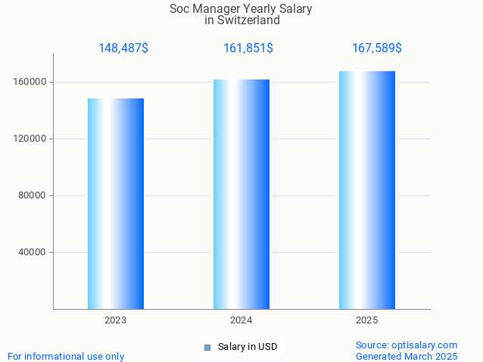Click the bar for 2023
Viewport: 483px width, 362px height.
(116, 204)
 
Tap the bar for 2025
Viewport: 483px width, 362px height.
(367, 190)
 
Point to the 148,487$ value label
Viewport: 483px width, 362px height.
(123, 48)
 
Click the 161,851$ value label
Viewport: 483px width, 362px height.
(248, 48)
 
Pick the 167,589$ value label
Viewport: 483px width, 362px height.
(377, 48)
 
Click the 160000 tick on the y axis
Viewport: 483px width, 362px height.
(31, 82)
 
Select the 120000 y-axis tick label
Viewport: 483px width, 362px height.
(31, 139)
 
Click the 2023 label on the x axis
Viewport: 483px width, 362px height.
(116, 320)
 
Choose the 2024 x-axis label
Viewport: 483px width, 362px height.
(241, 320)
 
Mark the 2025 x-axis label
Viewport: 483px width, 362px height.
(367, 320)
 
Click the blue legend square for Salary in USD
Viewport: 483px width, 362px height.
(207, 348)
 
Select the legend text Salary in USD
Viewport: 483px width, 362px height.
(248, 347)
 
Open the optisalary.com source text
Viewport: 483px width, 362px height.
(407, 345)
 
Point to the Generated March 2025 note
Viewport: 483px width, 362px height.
(407, 356)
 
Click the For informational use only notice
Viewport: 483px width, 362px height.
(66, 356)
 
